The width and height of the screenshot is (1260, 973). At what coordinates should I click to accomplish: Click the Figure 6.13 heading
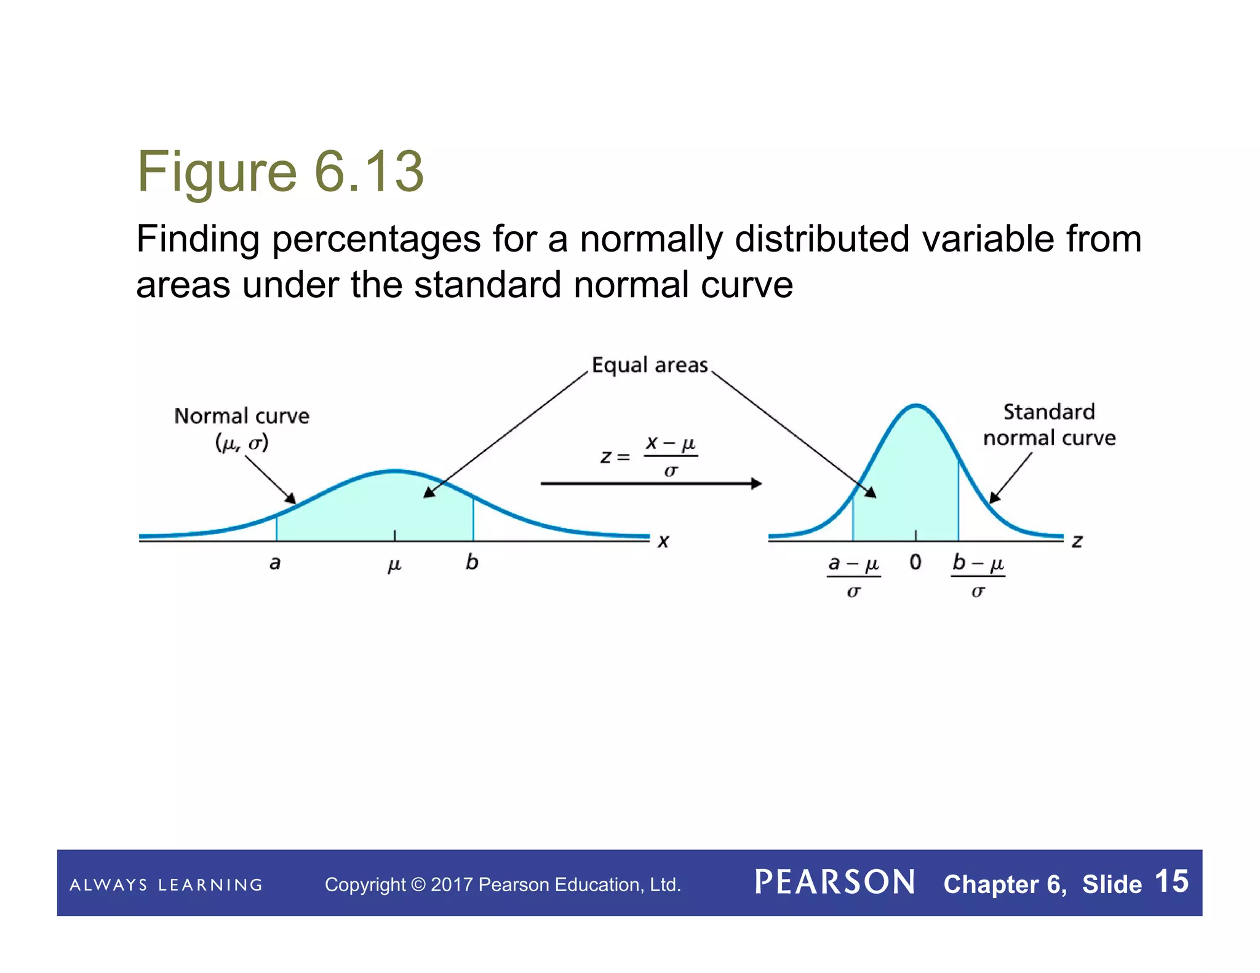280,172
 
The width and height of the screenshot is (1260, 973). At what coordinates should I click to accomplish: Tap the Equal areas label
650,365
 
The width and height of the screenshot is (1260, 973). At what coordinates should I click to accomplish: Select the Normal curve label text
242,416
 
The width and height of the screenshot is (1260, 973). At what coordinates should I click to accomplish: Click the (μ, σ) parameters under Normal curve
242,443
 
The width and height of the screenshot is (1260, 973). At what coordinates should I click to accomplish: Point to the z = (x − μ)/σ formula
650,457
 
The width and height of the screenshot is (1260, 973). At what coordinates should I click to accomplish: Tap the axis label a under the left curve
275,563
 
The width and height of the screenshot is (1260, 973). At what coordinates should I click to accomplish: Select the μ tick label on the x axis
394,565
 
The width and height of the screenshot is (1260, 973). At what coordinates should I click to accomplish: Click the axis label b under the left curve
472,562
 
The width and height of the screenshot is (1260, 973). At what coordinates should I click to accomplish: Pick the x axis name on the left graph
663,542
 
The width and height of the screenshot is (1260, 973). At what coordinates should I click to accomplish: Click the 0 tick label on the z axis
915,562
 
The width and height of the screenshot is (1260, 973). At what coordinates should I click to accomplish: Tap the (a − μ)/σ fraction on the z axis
853,576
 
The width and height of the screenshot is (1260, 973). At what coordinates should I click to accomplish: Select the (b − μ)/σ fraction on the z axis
978,576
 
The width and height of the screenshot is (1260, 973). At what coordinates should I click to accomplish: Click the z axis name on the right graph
1077,542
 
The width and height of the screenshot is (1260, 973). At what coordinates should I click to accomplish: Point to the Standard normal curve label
1049,425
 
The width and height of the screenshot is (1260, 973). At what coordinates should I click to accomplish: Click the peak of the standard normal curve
916,406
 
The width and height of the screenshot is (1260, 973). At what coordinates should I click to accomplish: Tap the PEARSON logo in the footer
835,883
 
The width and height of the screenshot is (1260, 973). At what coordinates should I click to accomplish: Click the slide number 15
1171,881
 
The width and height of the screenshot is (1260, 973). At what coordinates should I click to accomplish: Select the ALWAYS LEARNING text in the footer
166,885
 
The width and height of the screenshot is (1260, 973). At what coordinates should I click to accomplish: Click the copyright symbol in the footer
418,885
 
